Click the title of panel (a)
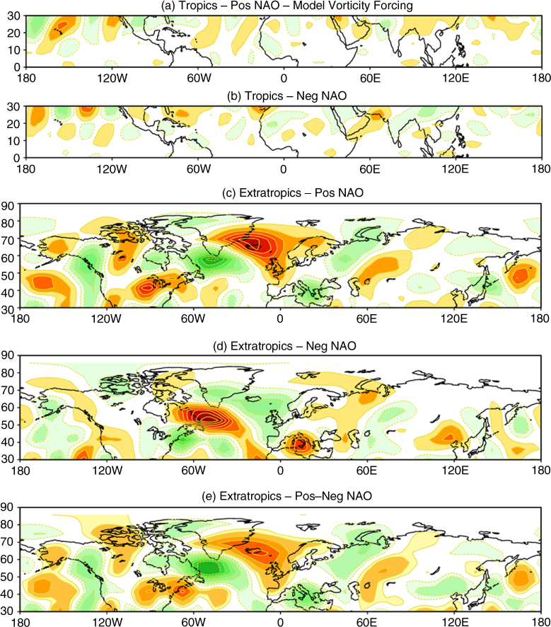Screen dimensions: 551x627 (x=287, y=6)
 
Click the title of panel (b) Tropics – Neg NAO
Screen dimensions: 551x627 (x=287, y=96)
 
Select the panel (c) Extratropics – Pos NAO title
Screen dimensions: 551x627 (x=293, y=192)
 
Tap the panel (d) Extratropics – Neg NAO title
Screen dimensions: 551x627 (x=284, y=346)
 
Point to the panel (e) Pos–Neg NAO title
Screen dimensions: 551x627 (x=287, y=496)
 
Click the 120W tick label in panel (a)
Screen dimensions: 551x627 (x=112, y=78)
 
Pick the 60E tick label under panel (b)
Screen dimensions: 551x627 (x=370, y=168)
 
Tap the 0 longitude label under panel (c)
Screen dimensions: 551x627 (x=280, y=318)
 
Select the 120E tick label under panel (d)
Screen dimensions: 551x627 (x=455, y=470)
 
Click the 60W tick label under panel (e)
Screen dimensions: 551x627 (x=193, y=622)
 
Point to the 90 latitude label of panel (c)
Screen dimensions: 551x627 (x=8, y=206)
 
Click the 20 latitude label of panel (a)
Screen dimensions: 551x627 (x=13, y=33)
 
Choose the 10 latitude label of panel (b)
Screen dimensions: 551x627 (x=13, y=141)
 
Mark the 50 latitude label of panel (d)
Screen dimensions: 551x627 (x=8, y=425)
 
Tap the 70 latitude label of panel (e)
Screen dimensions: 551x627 (x=8, y=542)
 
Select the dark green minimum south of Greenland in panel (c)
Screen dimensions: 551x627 (x=211, y=261)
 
